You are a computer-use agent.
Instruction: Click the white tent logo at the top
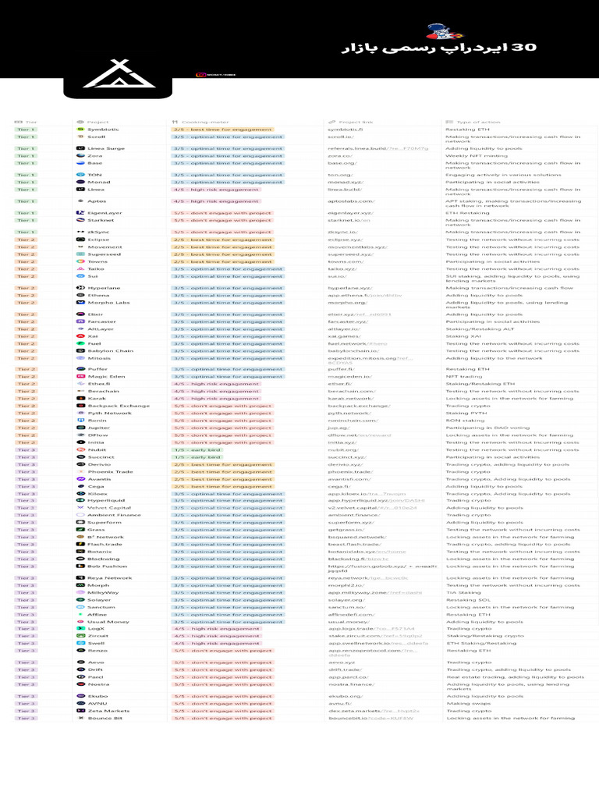(110, 76)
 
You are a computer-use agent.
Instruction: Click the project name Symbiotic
(103, 130)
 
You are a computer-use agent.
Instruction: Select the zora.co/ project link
(340, 156)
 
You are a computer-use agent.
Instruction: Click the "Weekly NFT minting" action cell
(476, 156)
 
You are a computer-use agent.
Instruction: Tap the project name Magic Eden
(106, 377)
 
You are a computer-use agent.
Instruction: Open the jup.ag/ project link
(338, 428)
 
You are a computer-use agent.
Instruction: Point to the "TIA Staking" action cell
(463, 593)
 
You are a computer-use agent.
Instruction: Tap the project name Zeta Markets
(108, 711)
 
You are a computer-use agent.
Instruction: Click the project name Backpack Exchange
(119, 407)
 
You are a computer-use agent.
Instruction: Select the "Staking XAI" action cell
(463, 336)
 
